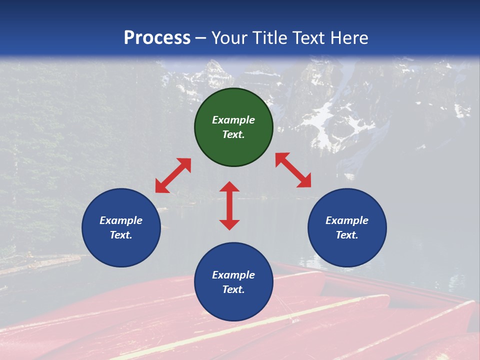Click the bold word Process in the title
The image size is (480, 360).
[157, 38]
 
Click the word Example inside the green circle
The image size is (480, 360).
[233, 120]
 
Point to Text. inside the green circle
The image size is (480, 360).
[233, 134]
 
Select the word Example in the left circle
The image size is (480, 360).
[121, 220]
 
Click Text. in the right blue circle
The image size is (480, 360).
[347, 235]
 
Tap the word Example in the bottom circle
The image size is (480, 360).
[233, 275]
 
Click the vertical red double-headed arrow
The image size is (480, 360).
[229, 205]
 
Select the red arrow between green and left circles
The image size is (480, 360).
[173, 175]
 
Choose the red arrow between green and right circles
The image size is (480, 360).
[293, 170]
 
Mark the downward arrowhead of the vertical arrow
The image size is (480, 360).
[229, 224]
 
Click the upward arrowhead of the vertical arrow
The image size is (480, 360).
[229, 187]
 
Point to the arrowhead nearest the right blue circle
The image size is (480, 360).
[304, 181]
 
